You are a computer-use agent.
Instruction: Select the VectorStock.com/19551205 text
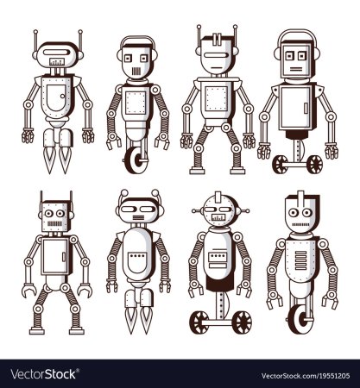[x=306, y=376]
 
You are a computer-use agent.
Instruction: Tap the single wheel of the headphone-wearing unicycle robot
[x=136, y=160]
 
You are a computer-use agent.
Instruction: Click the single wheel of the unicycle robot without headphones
[x=300, y=318]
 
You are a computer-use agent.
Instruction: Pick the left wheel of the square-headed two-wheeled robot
[x=280, y=165]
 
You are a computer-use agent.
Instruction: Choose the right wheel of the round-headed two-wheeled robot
[x=242, y=322]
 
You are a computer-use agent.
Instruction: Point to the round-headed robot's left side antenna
[x=198, y=211]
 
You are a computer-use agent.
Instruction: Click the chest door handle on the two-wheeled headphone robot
[x=306, y=108]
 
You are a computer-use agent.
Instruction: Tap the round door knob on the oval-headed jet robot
[x=62, y=96]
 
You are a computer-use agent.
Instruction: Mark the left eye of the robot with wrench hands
[x=48, y=213]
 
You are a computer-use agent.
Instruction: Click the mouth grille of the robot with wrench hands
[x=54, y=223]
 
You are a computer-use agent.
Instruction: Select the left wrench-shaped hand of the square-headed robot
[x=28, y=290]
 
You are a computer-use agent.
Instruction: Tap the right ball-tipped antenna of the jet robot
[x=155, y=192]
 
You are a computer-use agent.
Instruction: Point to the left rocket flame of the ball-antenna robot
[x=131, y=318]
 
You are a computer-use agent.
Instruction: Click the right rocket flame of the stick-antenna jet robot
[x=65, y=159]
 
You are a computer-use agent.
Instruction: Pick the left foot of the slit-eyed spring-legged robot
[x=197, y=171]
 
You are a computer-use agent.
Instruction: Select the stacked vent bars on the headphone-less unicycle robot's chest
[x=301, y=260]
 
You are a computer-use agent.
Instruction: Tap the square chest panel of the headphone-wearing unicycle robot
[x=136, y=103]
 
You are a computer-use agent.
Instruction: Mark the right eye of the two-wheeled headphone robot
[x=302, y=56]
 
